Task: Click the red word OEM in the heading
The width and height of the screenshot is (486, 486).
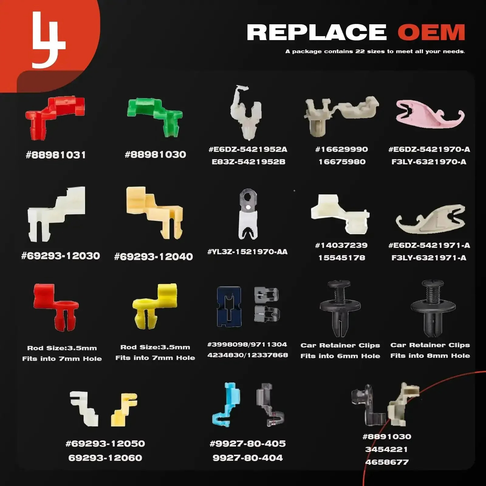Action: coord(431,32)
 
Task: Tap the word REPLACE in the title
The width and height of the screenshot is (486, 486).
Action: coord(317,32)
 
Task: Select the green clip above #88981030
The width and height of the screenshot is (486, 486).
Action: coord(155,117)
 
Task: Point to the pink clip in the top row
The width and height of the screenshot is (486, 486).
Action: coord(430,114)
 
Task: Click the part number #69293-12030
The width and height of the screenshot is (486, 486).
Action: coord(61,256)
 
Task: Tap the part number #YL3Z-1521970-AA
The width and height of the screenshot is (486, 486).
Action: coord(248,252)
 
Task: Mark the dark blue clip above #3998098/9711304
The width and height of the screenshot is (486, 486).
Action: coord(229,307)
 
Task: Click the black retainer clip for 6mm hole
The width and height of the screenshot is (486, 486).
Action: coord(340,308)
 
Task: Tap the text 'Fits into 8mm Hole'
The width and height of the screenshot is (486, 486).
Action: coord(430,356)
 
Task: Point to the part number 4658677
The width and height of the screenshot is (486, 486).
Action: coord(387,462)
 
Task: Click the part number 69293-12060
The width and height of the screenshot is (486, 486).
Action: coord(105,458)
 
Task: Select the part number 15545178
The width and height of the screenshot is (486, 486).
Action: coord(342,258)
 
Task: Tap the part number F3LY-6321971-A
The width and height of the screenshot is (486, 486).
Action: coord(429,258)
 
